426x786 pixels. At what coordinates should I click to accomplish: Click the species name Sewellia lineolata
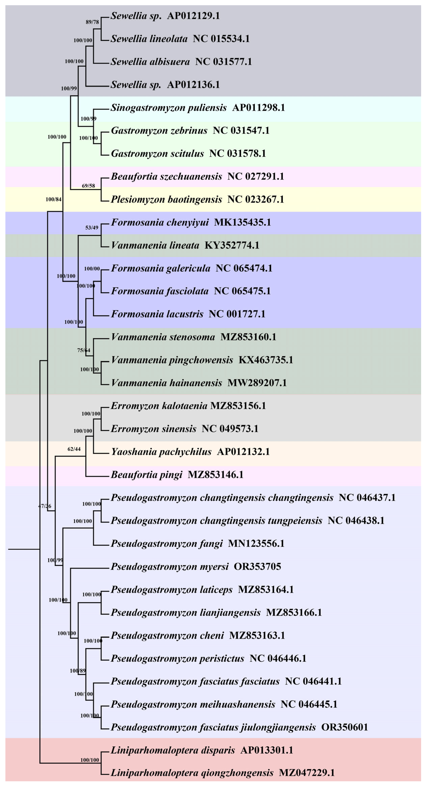click(149, 39)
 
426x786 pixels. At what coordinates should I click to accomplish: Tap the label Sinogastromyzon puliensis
click(169, 108)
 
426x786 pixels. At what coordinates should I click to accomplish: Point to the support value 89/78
click(92, 22)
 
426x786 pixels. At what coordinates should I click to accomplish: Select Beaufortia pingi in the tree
click(147, 474)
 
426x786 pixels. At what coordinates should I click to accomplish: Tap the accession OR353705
click(257, 567)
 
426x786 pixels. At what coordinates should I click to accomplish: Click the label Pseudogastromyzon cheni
click(167, 635)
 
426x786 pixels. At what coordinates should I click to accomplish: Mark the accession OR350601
click(345, 727)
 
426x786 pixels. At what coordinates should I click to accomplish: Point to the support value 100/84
click(53, 199)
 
